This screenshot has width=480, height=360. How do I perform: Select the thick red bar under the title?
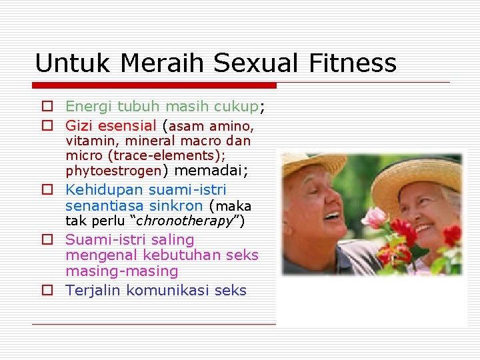pos(155,85)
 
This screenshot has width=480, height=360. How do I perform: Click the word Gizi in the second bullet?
pos(79,125)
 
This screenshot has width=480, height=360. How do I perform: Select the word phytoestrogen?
pos(113,171)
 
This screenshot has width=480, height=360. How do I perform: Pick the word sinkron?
pos(176,205)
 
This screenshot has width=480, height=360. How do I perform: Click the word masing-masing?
pos(122,271)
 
